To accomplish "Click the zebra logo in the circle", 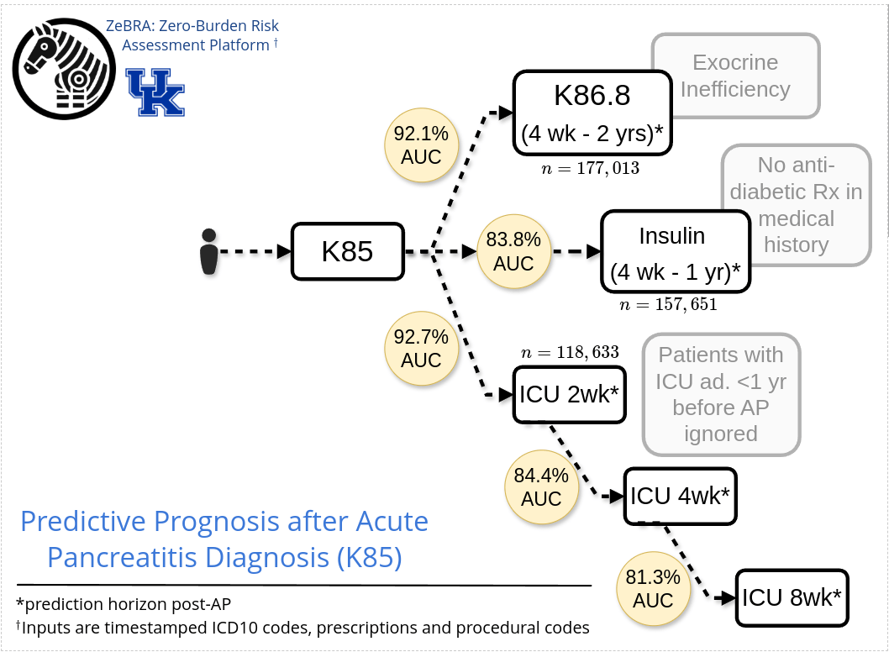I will tap(62, 66).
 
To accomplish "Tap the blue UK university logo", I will tap(155, 92).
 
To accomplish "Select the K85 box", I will tap(347, 250).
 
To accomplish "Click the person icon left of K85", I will tap(209, 250).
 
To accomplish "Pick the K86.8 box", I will tap(592, 113).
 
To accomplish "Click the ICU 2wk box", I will tap(570, 394).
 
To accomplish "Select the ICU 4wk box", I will tap(681, 496).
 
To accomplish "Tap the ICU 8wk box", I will tap(792, 597).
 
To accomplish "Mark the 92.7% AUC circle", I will tap(421, 349).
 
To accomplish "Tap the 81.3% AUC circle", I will tap(653, 589).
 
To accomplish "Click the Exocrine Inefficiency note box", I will tap(735, 76).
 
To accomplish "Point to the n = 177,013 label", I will tap(592, 168).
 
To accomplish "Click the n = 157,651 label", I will tap(668, 304).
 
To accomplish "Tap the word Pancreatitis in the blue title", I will tap(141, 556).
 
